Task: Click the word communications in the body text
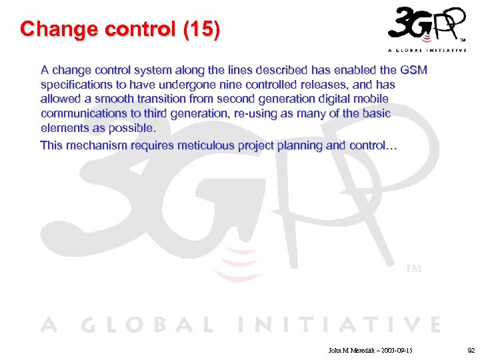tap(83, 113)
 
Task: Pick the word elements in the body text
tap(63, 127)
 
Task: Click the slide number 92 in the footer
tap(471, 349)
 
